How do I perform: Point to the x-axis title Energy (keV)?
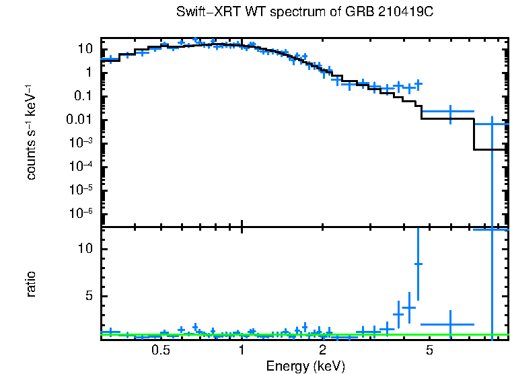click(305, 367)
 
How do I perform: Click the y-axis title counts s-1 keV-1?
click(31, 132)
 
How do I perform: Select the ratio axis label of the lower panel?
click(31, 284)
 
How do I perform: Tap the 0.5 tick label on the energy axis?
click(160, 350)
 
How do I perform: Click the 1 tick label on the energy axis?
click(242, 350)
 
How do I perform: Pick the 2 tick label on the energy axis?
click(323, 350)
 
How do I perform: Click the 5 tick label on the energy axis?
click(430, 350)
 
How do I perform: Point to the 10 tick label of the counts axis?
click(84, 49)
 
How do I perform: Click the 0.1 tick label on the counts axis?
click(82, 96)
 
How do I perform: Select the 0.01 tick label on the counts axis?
click(79, 120)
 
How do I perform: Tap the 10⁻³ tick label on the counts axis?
click(81, 143)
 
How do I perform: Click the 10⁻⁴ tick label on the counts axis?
click(81, 167)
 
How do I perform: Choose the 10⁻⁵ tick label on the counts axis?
click(81, 190)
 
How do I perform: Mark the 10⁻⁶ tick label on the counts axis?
click(81, 214)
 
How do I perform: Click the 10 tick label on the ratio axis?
click(84, 249)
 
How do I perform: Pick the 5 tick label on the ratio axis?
click(87, 296)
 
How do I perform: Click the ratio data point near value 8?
click(418, 264)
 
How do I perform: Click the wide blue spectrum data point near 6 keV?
click(450, 111)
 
